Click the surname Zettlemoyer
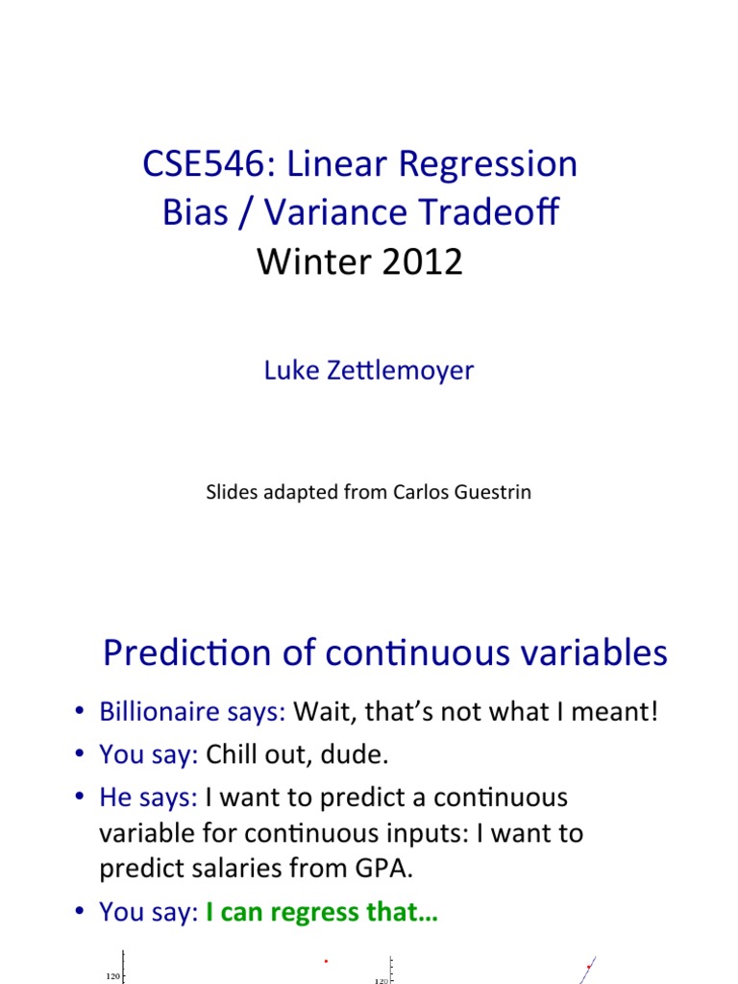[x=401, y=370]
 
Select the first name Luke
[x=291, y=370]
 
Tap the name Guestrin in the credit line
[x=493, y=492]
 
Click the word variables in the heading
[x=590, y=652]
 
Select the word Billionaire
[x=160, y=712]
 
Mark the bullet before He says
[x=79, y=797]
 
